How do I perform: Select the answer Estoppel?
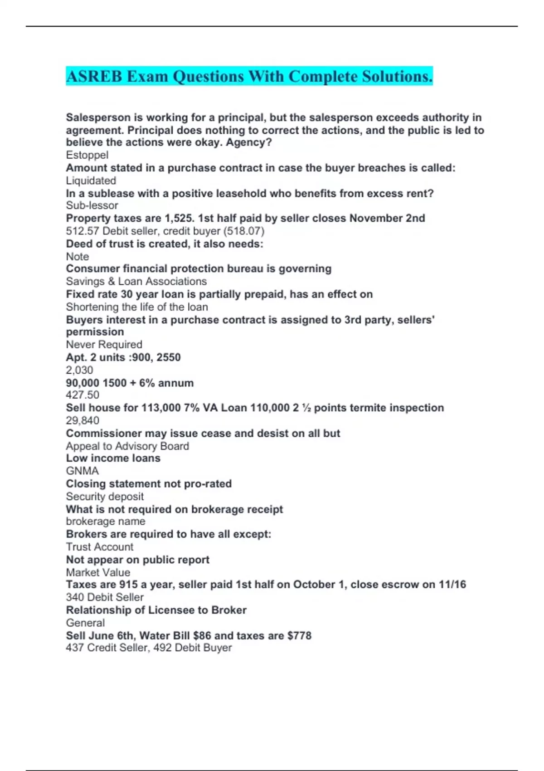[x=87, y=155]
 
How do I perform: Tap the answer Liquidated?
[x=91, y=181]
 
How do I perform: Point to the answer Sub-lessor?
[x=92, y=205]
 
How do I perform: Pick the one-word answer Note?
[x=78, y=256]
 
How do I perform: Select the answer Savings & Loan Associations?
[x=136, y=281]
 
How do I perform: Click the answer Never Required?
[x=104, y=345]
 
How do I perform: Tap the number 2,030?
[x=79, y=370]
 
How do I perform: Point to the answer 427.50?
[x=83, y=395]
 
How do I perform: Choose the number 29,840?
[x=83, y=420]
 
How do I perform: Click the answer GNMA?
[x=82, y=471]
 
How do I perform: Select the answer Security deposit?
[x=105, y=497]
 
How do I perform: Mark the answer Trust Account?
[x=100, y=547]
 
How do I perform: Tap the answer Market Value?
[x=98, y=572]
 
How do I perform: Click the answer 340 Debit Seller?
[x=105, y=597]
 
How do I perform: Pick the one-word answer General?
[x=85, y=623]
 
